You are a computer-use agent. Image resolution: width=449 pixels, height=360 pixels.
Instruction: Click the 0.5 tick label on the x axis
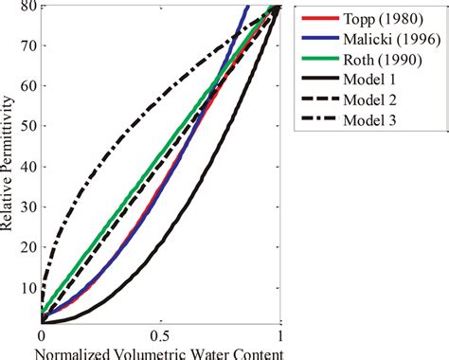point(160,337)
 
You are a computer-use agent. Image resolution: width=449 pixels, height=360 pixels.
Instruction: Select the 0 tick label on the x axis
point(42,337)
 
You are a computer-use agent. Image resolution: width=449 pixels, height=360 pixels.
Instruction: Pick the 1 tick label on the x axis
point(280,337)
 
